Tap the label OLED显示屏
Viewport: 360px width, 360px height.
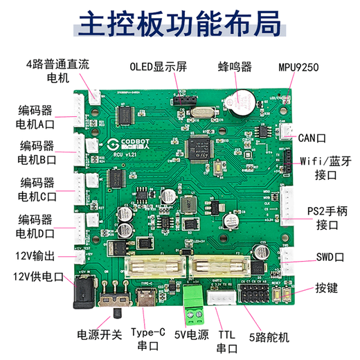pos(158,68)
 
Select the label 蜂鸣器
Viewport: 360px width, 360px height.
pos(234,67)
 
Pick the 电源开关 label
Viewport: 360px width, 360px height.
pos(97,333)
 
